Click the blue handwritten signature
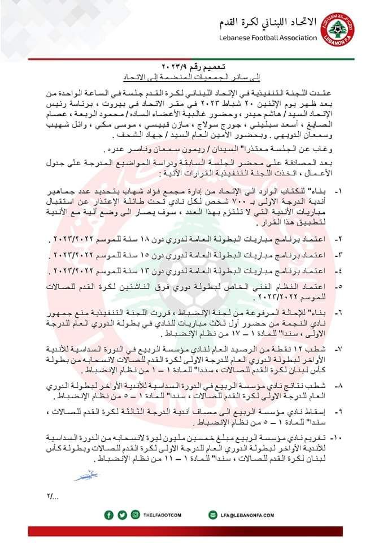point(85,476)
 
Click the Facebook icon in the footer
point(109,515)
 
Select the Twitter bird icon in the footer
point(123,515)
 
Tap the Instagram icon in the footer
point(136,515)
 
